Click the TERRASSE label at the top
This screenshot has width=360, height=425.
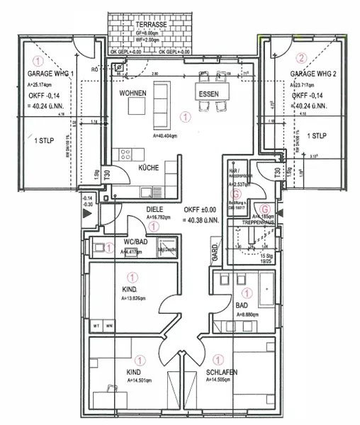pos(151,24)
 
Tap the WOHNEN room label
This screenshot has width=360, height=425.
pos(133,93)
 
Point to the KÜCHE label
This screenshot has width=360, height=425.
pos(148,168)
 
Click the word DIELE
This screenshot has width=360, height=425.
pos(155,210)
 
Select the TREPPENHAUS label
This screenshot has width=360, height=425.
pos(259,222)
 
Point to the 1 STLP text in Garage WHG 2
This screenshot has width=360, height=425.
pos(316,135)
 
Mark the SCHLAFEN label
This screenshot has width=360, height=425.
pos(222,372)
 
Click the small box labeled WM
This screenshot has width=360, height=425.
pos(109,325)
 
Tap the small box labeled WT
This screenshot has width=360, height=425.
pos(96,325)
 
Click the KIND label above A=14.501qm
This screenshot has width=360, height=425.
pos(134,372)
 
